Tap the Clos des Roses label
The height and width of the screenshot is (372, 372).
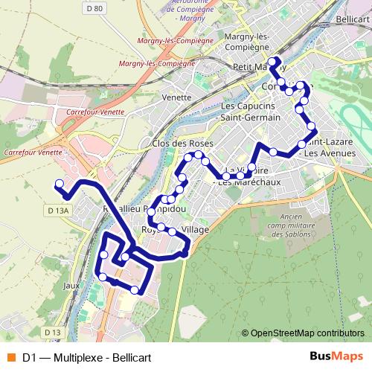pyautogui.click(x=182, y=143)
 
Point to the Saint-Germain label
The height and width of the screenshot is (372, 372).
pyautogui.click(x=251, y=118)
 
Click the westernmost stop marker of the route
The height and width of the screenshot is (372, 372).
pyautogui.click(x=60, y=183)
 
